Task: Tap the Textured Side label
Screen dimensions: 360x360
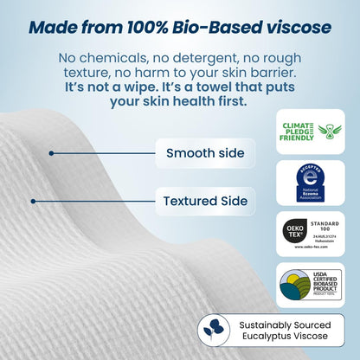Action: tap(205, 202)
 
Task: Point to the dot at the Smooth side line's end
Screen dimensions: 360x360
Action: tap(52, 154)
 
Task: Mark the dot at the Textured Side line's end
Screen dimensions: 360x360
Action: tap(34, 202)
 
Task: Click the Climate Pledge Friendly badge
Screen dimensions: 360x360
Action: tap(310, 132)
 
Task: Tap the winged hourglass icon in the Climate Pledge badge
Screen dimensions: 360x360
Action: tap(330, 132)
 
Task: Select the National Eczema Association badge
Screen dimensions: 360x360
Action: tap(310, 182)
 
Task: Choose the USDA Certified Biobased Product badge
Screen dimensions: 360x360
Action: tap(310, 285)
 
